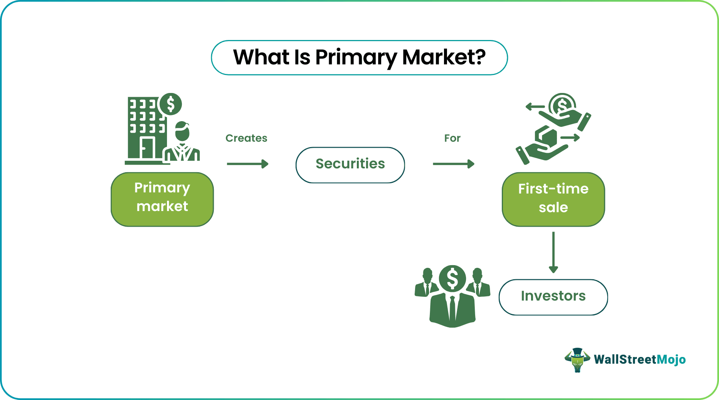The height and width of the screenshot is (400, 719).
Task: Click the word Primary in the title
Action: (355, 58)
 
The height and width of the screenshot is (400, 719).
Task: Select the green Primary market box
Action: (162, 199)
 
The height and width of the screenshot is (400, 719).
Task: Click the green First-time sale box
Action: (553, 199)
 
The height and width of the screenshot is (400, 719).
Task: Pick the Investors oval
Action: (553, 297)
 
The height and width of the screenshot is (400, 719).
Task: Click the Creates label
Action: (246, 138)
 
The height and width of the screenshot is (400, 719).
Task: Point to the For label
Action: (452, 138)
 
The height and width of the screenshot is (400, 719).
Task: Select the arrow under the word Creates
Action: (248, 164)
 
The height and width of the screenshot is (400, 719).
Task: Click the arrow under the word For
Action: (453, 164)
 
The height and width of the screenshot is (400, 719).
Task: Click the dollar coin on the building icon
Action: (170, 104)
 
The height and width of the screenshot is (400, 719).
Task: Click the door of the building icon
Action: (146, 148)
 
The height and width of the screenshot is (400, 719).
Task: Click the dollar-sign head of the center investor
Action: (452, 278)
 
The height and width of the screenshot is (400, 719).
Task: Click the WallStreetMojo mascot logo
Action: (577, 360)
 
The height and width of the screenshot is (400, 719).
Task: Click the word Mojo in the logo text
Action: (671, 360)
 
